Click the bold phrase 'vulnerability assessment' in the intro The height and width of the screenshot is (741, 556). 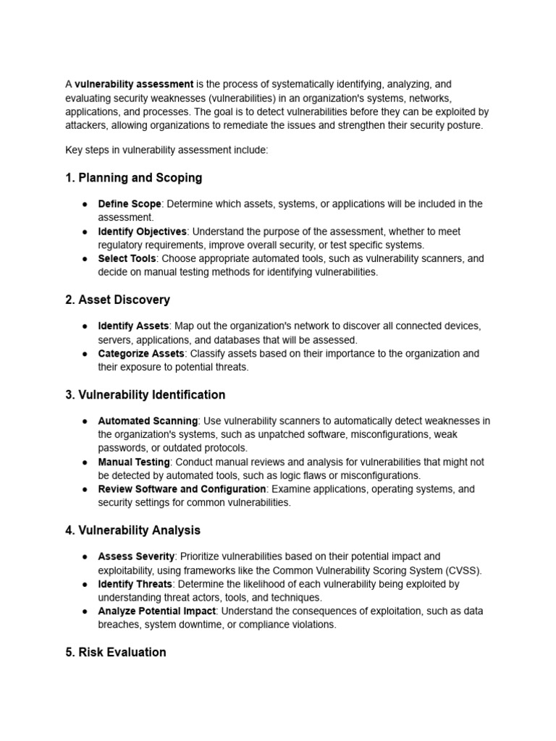tap(134, 85)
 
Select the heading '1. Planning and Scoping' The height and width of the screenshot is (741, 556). tap(134, 177)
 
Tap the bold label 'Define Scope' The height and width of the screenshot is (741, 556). tap(130, 204)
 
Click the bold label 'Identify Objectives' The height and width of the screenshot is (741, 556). tap(143, 232)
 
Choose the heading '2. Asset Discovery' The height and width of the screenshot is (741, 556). tap(117, 300)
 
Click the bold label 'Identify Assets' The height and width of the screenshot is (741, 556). tap(133, 326)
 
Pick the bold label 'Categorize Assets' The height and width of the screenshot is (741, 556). tap(141, 354)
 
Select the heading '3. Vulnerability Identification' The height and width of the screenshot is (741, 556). tap(145, 394)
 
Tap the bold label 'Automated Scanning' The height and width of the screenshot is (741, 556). tap(148, 421)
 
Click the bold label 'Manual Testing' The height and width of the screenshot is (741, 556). tap(134, 462)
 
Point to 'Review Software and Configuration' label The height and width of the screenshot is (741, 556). tap(182, 489)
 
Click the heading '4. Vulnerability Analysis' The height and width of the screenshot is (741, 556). tap(132, 530)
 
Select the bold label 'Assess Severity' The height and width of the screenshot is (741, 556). tap(136, 556)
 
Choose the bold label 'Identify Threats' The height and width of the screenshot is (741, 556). tap(135, 584)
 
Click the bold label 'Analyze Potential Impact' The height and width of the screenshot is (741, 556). tap(157, 611)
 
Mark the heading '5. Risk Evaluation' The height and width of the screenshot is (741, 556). tap(116, 652)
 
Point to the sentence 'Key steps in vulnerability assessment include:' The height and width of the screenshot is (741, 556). tap(167, 150)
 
